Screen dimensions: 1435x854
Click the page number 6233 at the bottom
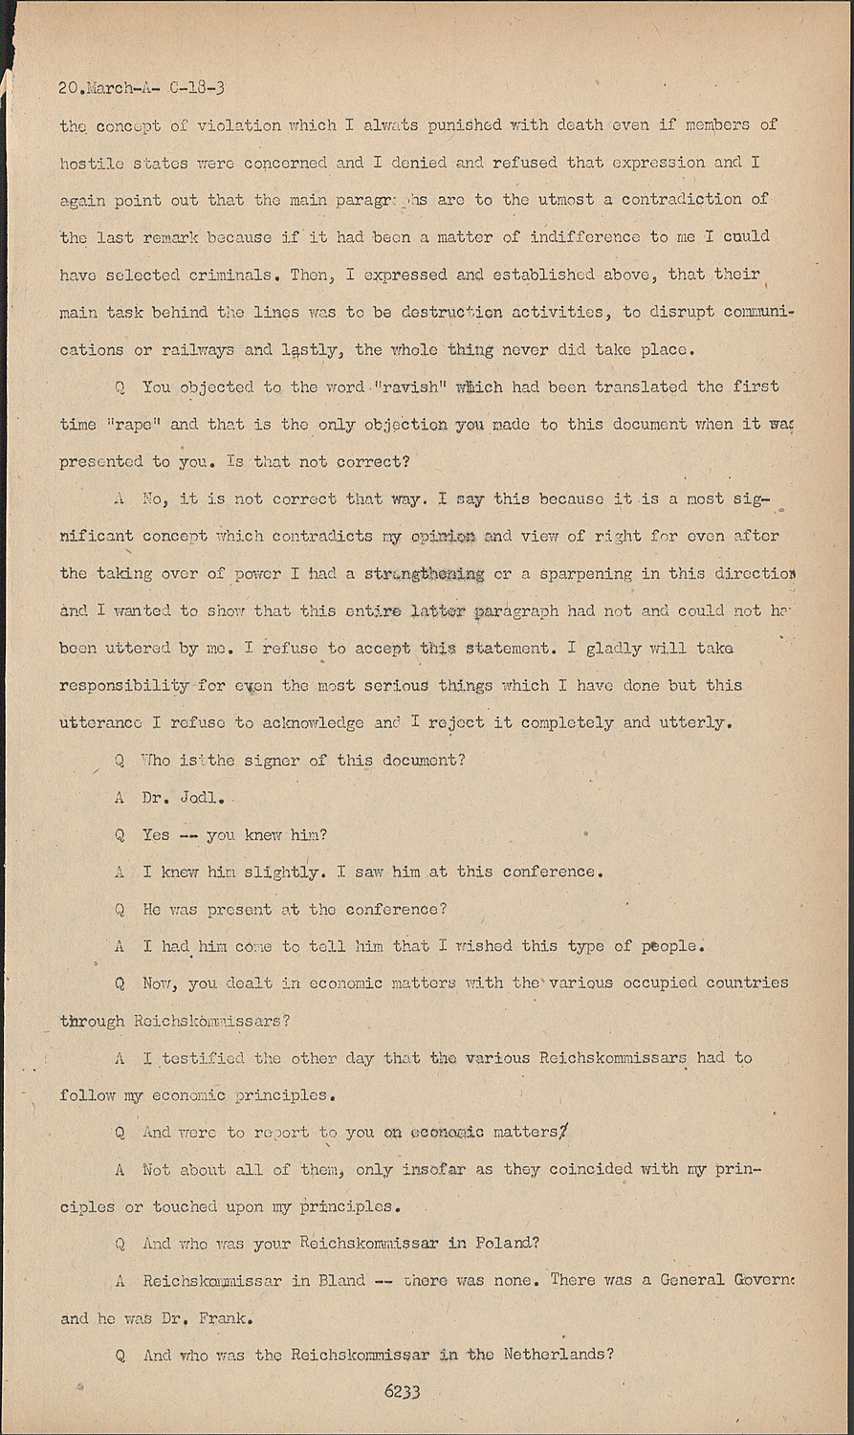(403, 1392)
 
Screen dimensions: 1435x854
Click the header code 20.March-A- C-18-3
(141, 88)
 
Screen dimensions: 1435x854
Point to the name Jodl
(203, 798)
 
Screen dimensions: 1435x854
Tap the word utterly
(698, 723)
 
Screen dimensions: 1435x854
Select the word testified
(203, 1058)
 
